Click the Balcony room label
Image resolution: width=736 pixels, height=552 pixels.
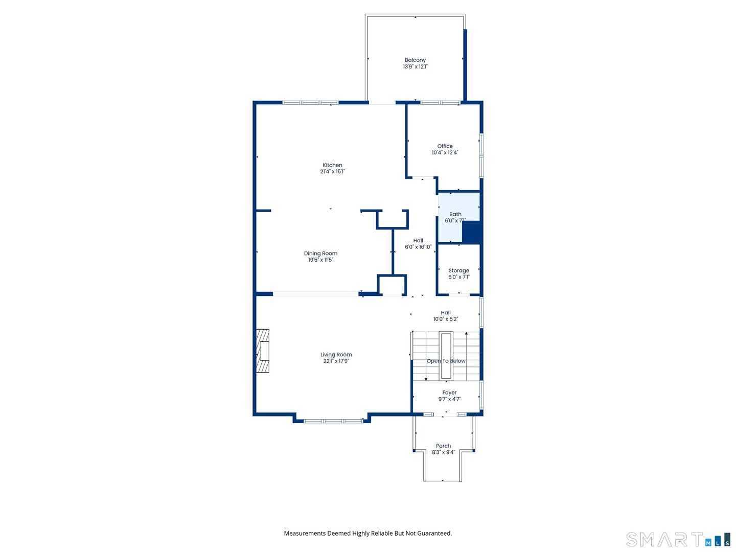[415, 60]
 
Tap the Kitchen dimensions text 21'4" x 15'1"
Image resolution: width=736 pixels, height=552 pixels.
[332, 172]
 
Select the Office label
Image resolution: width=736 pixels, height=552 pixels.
[445, 146]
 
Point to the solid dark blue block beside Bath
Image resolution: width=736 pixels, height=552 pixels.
[472, 233]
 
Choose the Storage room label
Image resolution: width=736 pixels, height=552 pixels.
[458, 270]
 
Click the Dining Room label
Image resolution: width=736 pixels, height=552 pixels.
[320, 254]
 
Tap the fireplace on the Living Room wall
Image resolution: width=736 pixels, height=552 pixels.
[263, 351]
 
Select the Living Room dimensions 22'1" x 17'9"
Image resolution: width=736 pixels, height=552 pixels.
[336, 361]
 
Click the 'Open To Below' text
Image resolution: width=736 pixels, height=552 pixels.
[446, 361]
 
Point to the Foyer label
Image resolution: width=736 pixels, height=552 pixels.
[449, 393]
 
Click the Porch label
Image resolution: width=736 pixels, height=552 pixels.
[443, 446]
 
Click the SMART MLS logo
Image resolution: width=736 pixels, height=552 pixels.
[678, 539]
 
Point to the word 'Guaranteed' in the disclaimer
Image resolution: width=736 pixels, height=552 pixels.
[434, 533]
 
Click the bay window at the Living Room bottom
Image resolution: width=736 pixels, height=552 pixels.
[333, 421]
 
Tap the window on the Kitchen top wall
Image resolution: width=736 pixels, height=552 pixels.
[310, 103]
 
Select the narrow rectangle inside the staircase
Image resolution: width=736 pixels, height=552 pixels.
[446, 356]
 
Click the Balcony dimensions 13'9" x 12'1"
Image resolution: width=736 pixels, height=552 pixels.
[415, 67]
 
